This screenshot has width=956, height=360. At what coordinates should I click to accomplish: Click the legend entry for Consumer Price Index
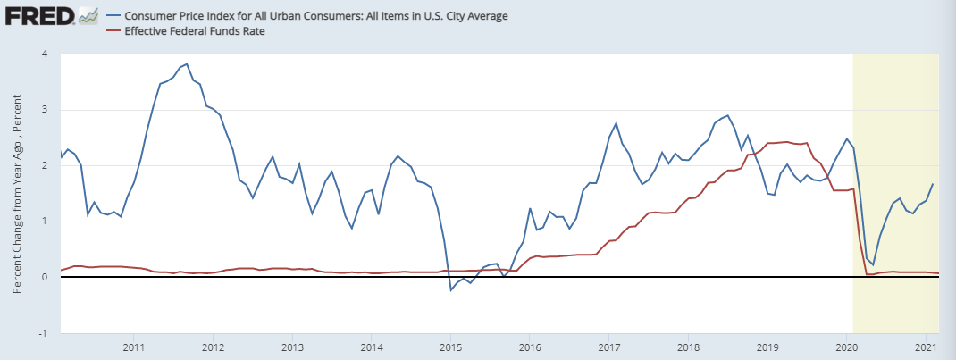[x=304, y=16]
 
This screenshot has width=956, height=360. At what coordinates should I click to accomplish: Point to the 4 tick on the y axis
[x=44, y=54]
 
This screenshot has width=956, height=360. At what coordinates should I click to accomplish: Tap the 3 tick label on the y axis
[x=44, y=110]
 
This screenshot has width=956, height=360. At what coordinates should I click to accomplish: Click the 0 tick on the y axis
[x=44, y=278]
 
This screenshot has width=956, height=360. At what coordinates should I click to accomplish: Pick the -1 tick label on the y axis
[x=42, y=333]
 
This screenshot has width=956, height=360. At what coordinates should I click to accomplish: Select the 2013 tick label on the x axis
[x=292, y=347]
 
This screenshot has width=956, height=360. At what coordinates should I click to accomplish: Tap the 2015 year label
[x=450, y=347]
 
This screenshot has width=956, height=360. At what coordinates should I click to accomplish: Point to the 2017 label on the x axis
[x=609, y=347]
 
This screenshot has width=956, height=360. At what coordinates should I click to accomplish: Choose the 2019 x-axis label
[x=767, y=347]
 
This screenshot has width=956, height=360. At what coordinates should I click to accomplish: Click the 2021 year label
[x=926, y=347]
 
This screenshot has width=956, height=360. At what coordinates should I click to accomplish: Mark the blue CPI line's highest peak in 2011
[x=186, y=64]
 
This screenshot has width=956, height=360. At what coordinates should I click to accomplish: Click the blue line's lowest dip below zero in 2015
[x=450, y=290]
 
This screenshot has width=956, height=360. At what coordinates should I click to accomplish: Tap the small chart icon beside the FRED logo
[x=88, y=16]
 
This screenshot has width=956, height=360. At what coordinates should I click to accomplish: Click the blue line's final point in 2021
[x=933, y=184]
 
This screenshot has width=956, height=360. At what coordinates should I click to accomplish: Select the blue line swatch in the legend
[x=113, y=16]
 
